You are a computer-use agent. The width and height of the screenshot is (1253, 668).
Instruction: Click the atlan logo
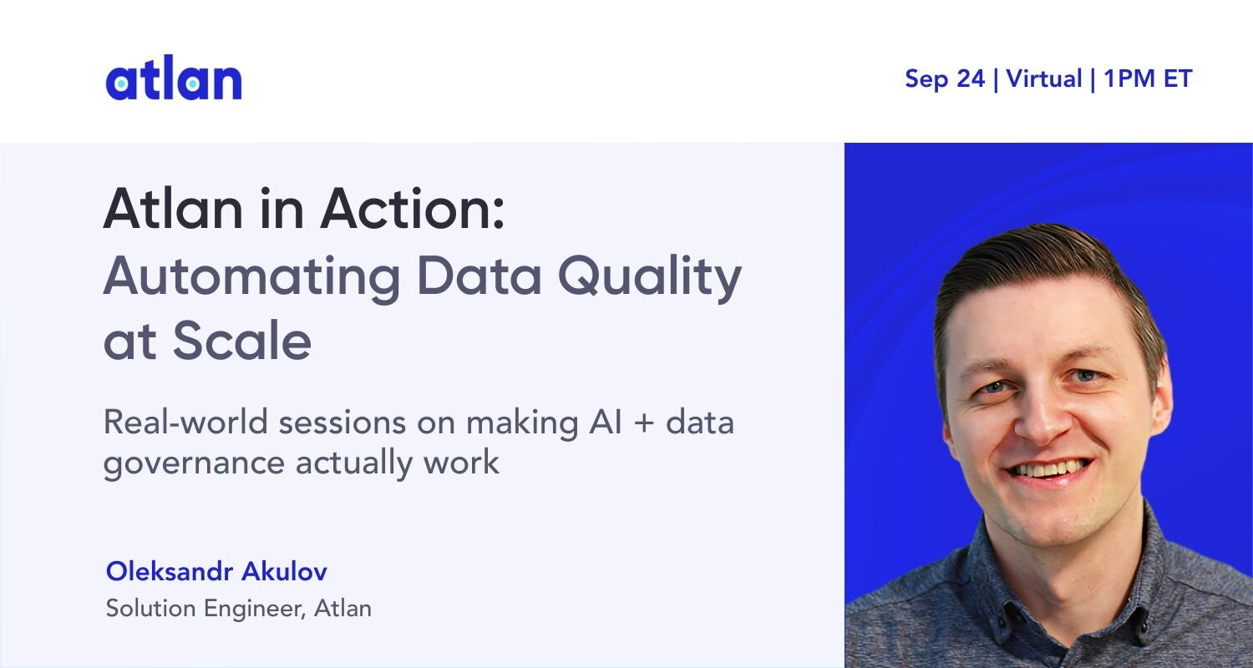[x=174, y=78]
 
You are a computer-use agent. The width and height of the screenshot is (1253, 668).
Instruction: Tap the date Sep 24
[x=945, y=78]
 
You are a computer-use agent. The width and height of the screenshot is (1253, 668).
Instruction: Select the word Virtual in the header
[x=1044, y=78]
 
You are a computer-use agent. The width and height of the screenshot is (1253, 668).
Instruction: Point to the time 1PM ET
[x=1148, y=78]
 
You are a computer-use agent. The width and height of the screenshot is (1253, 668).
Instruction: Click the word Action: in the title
[x=413, y=209]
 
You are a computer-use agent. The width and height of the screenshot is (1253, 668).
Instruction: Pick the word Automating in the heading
[x=251, y=277]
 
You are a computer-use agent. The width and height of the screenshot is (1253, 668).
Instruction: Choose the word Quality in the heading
[x=650, y=276]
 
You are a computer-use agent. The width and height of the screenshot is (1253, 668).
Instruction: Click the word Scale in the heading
[x=241, y=340]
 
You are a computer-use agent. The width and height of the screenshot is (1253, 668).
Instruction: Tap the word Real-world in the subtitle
[x=185, y=422]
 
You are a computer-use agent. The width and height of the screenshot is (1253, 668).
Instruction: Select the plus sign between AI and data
[x=644, y=423]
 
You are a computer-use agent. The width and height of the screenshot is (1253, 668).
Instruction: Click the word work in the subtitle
[x=461, y=463]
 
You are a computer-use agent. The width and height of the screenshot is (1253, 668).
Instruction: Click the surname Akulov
[x=284, y=571]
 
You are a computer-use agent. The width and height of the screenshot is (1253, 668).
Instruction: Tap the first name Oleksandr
[x=170, y=571]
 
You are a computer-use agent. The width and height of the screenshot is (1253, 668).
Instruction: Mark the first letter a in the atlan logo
[x=121, y=83]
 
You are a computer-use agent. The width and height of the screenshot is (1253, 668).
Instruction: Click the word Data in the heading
[x=479, y=276]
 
